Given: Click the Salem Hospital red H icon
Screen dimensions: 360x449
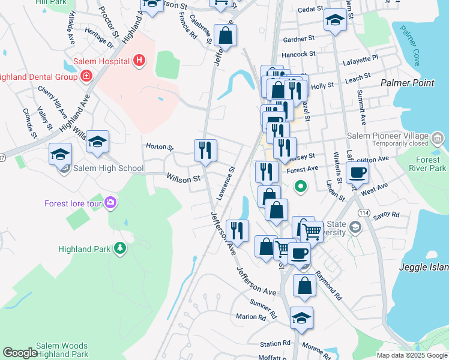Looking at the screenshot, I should click(x=139, y=61).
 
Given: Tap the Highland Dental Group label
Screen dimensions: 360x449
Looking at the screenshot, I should click(x=37, y=76).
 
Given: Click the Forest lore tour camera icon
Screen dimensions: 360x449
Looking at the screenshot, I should click(x=110, y=203).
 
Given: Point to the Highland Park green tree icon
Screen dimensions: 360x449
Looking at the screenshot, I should click(x=120, y=248).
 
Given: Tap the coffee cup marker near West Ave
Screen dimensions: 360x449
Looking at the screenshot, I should click(x=357, y=173).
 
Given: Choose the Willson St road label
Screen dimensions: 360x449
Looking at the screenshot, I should click(x=183, y=179).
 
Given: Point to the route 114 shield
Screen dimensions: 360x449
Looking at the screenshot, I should click(x=364, y=212).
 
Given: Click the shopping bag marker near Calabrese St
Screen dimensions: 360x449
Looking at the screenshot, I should click(x=225, y=35).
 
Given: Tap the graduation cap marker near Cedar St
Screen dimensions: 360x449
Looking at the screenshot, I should click(x=334, y=20).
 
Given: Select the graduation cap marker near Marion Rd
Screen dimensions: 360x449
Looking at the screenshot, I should click(x=301, y=318).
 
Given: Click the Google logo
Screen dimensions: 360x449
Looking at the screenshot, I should click(x=20, y=353).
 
